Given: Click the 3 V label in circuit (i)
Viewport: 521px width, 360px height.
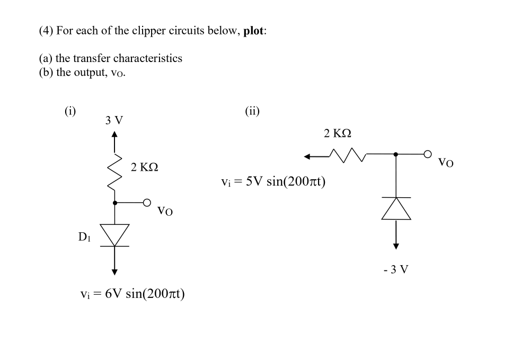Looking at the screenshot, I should click(114, 120).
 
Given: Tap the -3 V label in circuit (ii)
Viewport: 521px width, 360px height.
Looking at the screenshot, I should click(396, 270).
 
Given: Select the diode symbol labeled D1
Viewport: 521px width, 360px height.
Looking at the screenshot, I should click(114, 234).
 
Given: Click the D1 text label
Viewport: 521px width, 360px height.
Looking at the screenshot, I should click(85, 237).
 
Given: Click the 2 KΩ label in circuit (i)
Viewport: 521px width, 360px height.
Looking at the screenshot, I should click(145, 168).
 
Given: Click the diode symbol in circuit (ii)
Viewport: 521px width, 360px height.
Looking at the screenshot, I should click(396, 208).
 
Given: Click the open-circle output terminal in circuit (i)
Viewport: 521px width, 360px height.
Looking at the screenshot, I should click(147, 202).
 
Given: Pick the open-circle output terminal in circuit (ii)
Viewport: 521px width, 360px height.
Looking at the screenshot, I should click(427, 154).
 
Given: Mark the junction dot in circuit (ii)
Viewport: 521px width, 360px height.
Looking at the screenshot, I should click(396, 154).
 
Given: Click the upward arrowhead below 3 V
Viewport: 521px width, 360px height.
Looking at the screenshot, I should click(114, 134).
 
